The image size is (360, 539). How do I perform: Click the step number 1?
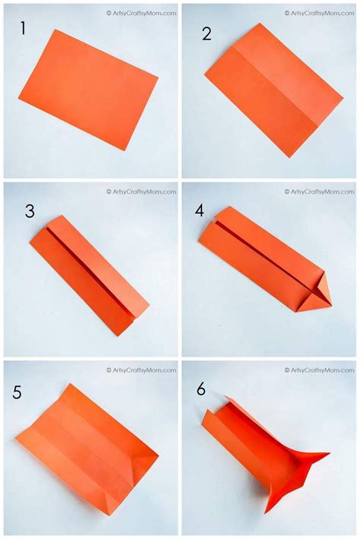(23, 28)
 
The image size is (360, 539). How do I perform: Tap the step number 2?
(207, 34)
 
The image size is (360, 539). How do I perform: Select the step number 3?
(30, 211)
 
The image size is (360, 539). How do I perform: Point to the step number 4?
(200, 210)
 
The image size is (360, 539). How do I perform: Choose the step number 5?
(17, 392)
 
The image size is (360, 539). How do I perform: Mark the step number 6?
(201, 389)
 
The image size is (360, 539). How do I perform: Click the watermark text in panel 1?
(141, 14)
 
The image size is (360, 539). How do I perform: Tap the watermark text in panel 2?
(320, 14)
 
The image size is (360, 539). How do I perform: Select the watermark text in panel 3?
(141, 192)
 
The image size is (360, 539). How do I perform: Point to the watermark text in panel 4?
(320, 192)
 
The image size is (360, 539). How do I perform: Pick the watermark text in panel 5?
(141, 370)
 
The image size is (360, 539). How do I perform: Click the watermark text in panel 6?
(320, 370)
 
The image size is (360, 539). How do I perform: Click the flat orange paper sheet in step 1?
(88, 90)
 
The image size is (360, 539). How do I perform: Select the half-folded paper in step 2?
(274, 90)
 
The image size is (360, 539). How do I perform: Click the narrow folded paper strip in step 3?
(90, 276)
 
